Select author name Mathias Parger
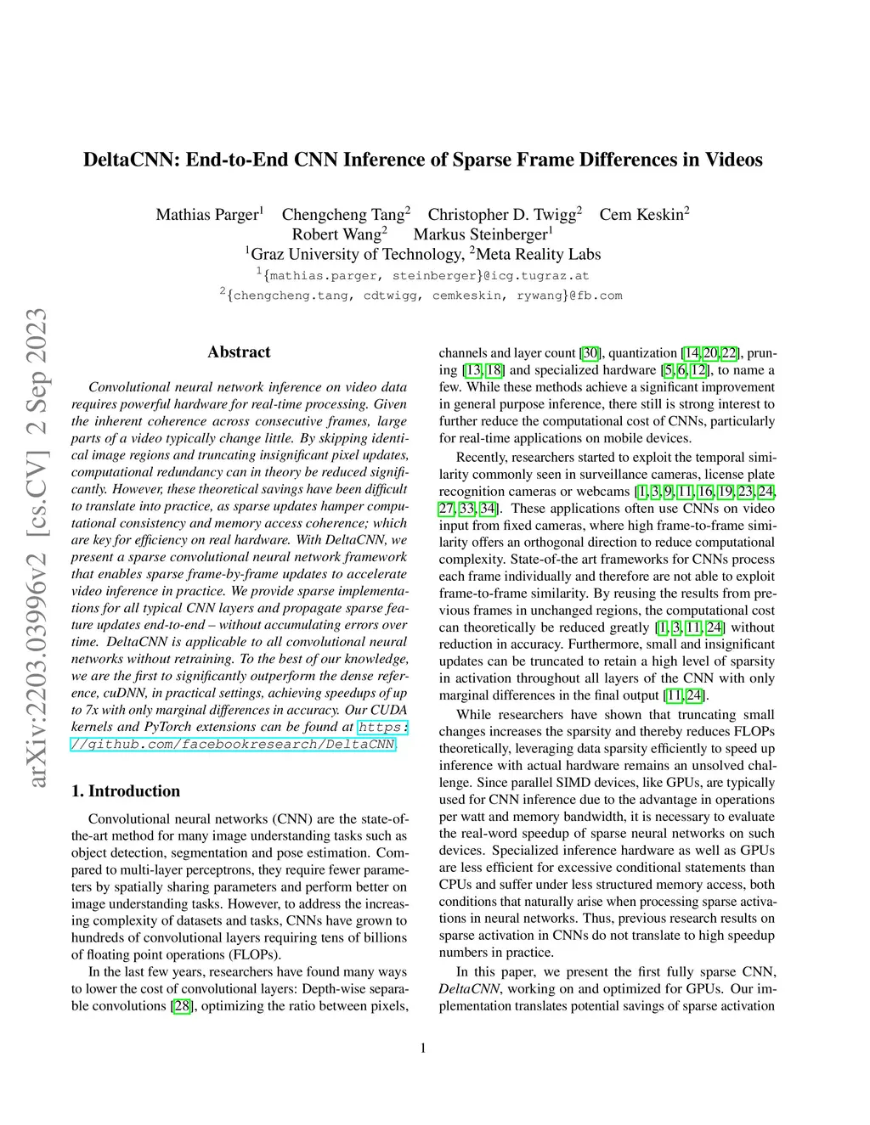pos(206,215)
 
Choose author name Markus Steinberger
pos(480,234)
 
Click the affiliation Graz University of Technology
pos(356,255)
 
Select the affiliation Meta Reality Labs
pos(538,255)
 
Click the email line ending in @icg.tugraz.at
pos(423,276)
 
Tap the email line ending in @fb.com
pos(422,295)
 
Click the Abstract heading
pos(239,352)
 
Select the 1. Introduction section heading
pos(126,791)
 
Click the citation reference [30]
pos(590,353)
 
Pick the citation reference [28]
pos(182,1006)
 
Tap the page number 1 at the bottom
pos(423,1049)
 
